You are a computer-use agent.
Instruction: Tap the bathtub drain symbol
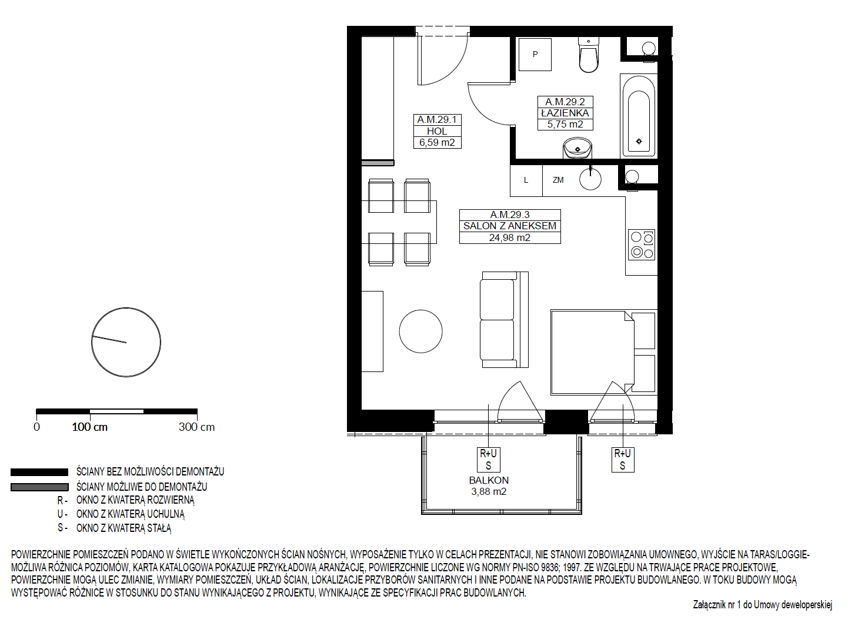pos(639,142)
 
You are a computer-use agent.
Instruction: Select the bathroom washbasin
pos(577,148)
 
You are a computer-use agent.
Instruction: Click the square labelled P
pos(535,54)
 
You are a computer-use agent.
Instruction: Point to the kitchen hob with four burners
pos(642,244)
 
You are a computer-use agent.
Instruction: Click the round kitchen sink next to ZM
pos(590,179)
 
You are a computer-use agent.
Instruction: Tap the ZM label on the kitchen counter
pos(558,180)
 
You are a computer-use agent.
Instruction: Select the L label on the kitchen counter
pos(526,180)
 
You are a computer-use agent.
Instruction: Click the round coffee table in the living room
pos(420,331)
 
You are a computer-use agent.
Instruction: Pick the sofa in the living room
pos(504,320)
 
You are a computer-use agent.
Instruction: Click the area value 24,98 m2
pos(509,237)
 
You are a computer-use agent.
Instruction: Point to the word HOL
pos(438,131)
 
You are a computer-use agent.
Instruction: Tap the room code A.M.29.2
pos(565,102)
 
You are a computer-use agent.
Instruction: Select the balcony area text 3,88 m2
pos(489,491)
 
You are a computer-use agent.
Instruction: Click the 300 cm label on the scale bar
pos(196,427)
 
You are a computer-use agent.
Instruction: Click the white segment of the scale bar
pos(116,411)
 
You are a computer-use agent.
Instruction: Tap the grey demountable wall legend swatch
pos(39,487)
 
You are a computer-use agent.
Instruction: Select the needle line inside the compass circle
pos(109,339)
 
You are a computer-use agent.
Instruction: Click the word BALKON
pos(489,480)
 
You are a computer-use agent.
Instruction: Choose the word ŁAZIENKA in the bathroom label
pos(565,113)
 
